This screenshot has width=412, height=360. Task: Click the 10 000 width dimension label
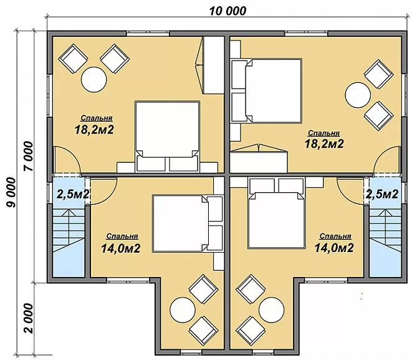pyautogui.click(x=228, y=11)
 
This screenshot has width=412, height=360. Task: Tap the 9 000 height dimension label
pyautogui.click(x=11, y=192)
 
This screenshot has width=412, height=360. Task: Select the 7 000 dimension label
pyautogui.click(x=29, y=156)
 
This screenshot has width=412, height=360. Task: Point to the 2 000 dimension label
pyautogui.click(x=29, y=318)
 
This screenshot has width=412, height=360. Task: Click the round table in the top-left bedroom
pyautogui.click(x=94, y=80)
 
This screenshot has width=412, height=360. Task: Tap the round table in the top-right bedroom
pyautogui.click(x=358, y=95)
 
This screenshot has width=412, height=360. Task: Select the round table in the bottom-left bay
pyautogui.click(x=183, y=309)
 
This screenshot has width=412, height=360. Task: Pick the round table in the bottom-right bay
pyautogui.click(x=271, y=309)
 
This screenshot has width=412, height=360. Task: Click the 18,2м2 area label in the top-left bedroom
pyautogui.click(x=94, y=130)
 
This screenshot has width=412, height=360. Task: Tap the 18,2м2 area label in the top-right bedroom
pyautogui.click(x=324, y=144)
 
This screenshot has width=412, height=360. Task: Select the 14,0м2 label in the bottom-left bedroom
pyautogui.click(x=120, y=248)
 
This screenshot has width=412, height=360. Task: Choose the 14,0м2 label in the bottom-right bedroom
pyautogui.click(x=334, y=248)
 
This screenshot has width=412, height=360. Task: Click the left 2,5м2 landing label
pyautogui.click(x=73, y=194)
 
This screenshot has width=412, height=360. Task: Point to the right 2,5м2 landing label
pyautogui.click(x=382, y=194)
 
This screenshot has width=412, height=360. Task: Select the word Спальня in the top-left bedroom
pyautogui.click(x=97, y=118)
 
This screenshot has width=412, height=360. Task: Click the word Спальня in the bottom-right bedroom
pyautogui.click(x=335, y=236)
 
